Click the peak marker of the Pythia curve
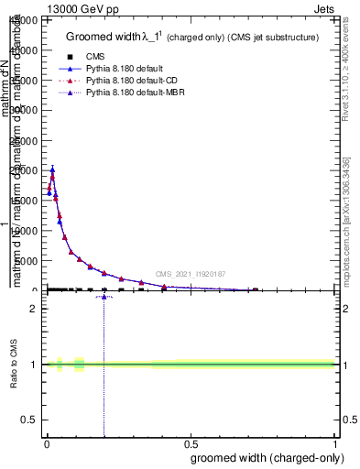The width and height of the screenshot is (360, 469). point(52,169)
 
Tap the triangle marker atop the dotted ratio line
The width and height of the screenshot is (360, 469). point(104,297)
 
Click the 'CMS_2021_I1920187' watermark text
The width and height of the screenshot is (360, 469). point(190,274)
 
